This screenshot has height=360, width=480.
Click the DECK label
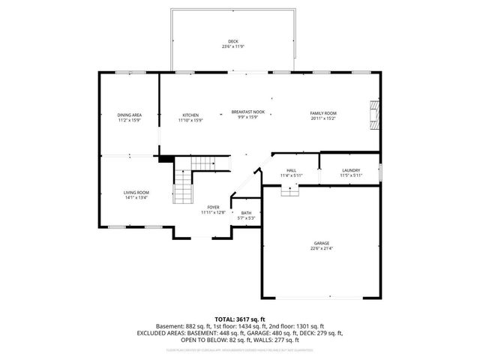click(x=232, y=40)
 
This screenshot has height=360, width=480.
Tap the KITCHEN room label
click(x=190, y=115)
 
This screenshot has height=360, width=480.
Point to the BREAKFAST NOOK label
click(x=247, y=112)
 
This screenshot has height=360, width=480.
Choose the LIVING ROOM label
click(x=136, y=193)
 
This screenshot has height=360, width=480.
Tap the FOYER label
click(x=213, y=208)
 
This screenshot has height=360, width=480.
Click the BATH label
click(x=246, y=213)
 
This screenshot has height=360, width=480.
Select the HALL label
click(x=290, y=170)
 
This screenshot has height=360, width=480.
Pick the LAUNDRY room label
click(x=351, y=170)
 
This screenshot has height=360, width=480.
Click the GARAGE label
click(x=322, y=244)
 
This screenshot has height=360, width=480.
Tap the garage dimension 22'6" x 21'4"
click(x=322, y=249)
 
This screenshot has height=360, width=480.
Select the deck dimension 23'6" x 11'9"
click(x=232, y=46)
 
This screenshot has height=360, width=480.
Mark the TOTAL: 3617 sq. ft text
click(x=239, y=319)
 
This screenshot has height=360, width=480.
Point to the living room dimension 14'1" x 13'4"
click(x=136, y=198)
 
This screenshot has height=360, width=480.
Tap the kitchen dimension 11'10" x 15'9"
click(x=190, y=120)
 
